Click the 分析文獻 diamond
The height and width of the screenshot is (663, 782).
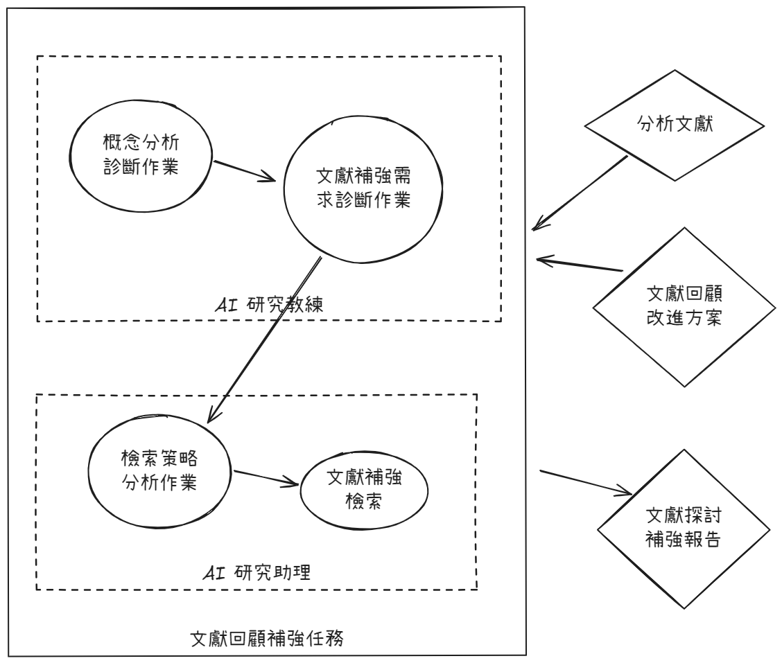674,126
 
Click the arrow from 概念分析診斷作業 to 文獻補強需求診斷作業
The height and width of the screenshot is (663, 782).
247,172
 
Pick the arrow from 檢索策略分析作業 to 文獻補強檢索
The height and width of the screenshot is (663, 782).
267,479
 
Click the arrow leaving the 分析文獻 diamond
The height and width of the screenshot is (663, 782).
580,194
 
